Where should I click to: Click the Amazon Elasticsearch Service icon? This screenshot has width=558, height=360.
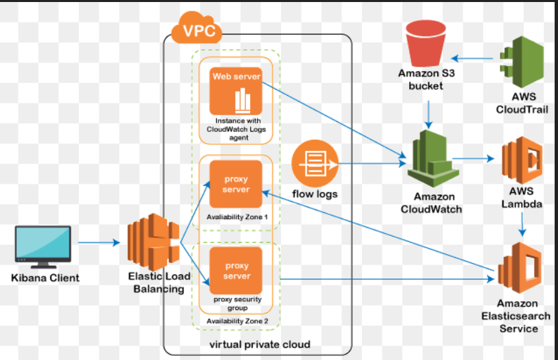point(519,270)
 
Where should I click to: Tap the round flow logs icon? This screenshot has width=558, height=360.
point(314,164)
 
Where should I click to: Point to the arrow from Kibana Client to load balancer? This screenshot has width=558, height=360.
point(100,242)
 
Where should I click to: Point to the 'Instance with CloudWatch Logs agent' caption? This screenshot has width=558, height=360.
point(235,129)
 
